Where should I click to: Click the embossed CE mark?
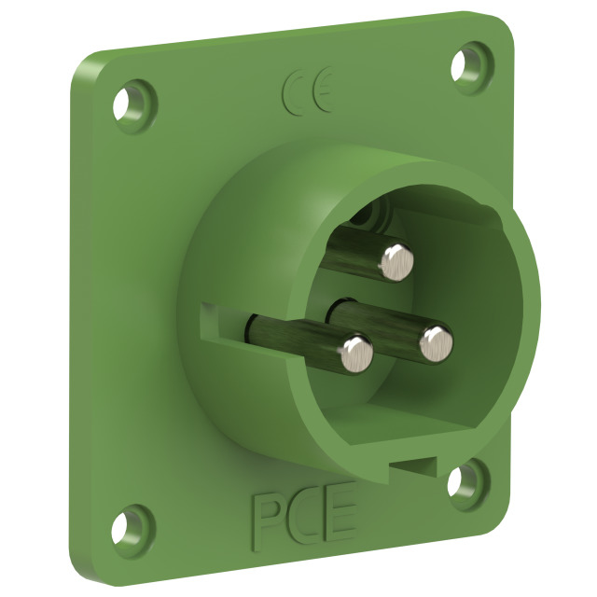pyautogui.click(x=308, y=91)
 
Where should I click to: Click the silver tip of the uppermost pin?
pyautogui.click(x=397, y=263)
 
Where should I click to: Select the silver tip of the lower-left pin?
pyautogui.click(x=357, y=354)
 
